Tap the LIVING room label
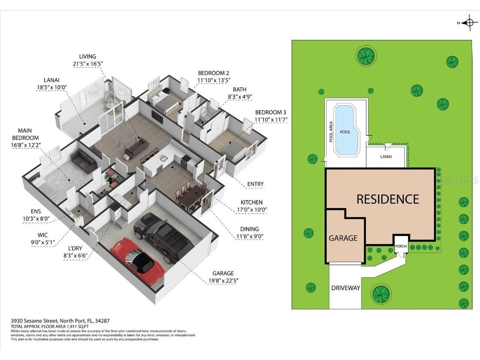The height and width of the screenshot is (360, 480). tap(88, 56)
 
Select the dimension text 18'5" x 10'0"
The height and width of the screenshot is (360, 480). tap(52, 87)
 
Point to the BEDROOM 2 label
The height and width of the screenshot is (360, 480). tap(213, 73)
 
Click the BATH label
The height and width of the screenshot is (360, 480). tap(240, 89)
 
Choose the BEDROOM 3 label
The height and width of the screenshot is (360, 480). tap(270, 112)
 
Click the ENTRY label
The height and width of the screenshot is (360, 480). tap(255, 184)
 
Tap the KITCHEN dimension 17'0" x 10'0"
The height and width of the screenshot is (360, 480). tap(252, 210)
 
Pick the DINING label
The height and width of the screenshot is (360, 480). tap(249, 229)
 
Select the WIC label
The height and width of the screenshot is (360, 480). tap(42, 235)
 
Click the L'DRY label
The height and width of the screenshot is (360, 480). tap(75, 248)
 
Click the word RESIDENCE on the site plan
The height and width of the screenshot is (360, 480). tap(388, 199)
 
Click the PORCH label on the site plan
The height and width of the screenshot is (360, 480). tap(401, 246)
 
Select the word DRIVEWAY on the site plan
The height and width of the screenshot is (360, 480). tap(346, 288)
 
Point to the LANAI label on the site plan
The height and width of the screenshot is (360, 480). tap(386, 157)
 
